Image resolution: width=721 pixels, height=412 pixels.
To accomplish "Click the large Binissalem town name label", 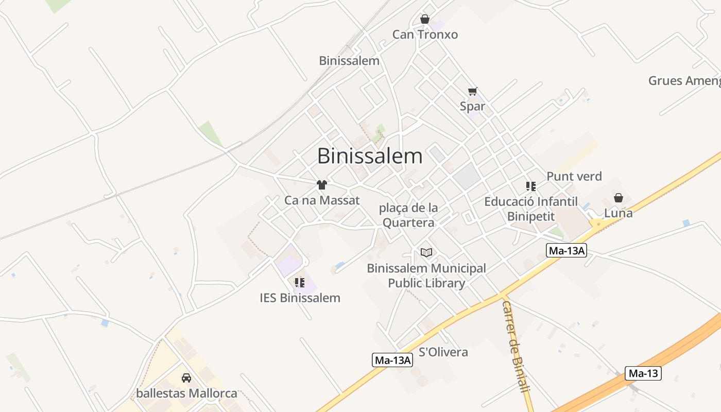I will tap(370, 156).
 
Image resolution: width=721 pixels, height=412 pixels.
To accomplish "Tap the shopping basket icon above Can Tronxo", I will tap(425, 20).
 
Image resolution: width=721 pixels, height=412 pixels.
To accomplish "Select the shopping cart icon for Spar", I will tap(473, 91).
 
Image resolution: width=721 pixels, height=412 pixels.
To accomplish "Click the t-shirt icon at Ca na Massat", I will tap(322, 185).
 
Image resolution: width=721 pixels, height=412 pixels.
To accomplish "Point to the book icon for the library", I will tap(426, 252).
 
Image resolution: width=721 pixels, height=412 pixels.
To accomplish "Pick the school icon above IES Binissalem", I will tap(300, 282).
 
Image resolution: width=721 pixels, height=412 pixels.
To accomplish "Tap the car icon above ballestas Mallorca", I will tap(186, 378).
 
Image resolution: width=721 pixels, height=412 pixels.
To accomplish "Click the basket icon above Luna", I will tap(619, 198).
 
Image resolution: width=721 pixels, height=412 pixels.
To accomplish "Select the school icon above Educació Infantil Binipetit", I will tap(531, 186).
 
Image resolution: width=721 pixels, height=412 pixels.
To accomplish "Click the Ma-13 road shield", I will tap(643, 373).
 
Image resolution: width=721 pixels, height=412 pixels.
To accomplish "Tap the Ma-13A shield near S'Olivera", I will tap(392, 360).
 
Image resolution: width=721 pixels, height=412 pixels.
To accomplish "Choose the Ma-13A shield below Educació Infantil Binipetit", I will tap(566, 251).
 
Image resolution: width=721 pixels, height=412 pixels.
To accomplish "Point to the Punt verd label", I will tap(574, 177).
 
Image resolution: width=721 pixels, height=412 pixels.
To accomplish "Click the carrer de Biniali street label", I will tap(516, 346).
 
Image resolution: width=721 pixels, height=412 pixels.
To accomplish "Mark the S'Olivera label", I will tap(443, 352).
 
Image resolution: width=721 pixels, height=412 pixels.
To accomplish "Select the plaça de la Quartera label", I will tap(408, 215).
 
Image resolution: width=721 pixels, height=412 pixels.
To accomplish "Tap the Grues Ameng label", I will tap(684, 81).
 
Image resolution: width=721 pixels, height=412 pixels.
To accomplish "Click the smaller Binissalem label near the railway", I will tap(349, 61).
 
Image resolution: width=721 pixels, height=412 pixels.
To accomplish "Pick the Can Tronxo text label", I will tap(425, 35).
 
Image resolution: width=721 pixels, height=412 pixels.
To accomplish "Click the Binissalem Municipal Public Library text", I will tap(426, 276).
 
